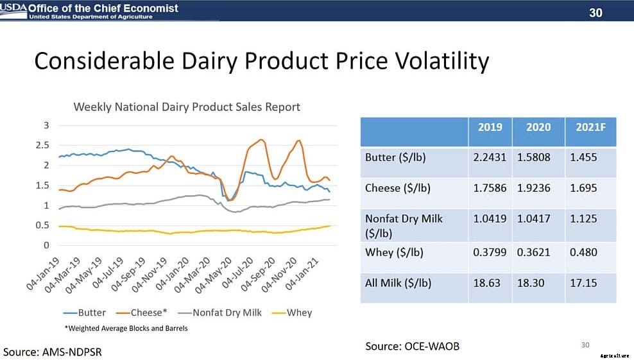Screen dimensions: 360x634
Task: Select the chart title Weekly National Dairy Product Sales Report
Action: (x=187, y=107)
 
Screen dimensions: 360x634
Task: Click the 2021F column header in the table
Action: (x=590, y=128)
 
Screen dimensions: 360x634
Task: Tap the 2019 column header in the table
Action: (x=490, y=128)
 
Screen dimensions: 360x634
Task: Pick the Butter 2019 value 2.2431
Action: (x=490, y=157)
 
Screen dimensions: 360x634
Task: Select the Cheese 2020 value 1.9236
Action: (x=538, y=188)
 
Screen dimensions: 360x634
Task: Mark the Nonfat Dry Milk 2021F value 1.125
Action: (x=583, y=219)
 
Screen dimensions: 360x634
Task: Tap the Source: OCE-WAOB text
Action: (x=412, y=346)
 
